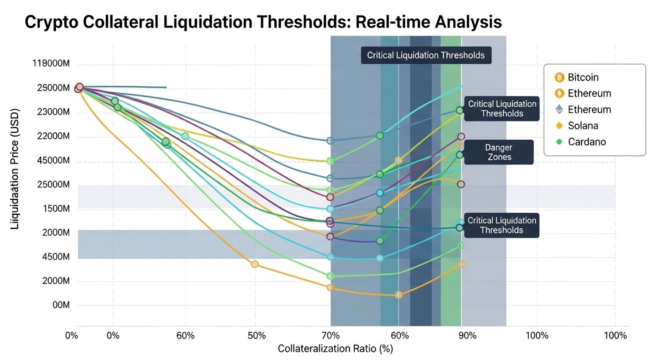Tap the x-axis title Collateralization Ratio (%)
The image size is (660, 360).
(x=335, y=349)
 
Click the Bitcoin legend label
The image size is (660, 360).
(x=583, y=77)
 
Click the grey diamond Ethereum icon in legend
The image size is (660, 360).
(x=559, y=110)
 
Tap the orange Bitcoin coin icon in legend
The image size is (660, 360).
(x=559, y=77)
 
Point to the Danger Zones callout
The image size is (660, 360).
(x=499, y=152)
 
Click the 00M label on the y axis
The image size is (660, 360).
(x=61, y=305)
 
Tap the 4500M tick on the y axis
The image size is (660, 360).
(x=56, y=257)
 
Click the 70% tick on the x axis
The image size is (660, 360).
(x=330, y=336)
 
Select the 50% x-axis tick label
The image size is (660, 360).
(x=257, y=336)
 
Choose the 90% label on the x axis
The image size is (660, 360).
(x=467, y=336)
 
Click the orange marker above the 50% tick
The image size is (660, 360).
(x=255, y=264)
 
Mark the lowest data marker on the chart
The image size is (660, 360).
(x=398, y=295)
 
